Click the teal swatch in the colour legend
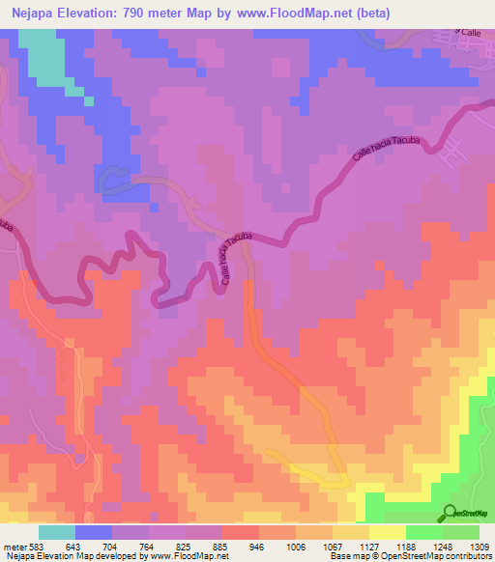(x=58, y=532)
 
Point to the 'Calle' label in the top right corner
(x=470, y=33)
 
